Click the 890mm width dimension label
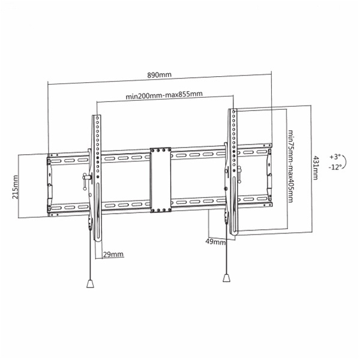coord(159,75)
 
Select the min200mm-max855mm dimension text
coord(164,95)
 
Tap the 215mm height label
coord(16,187)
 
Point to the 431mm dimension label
coord(316,167)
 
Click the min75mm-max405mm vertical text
coord(290,166)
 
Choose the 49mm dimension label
coord(215,242)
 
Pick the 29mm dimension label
coord(113,254)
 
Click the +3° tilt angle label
coord(335,157)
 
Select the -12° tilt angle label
coord(335,167)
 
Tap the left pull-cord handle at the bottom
coord(90,283)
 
